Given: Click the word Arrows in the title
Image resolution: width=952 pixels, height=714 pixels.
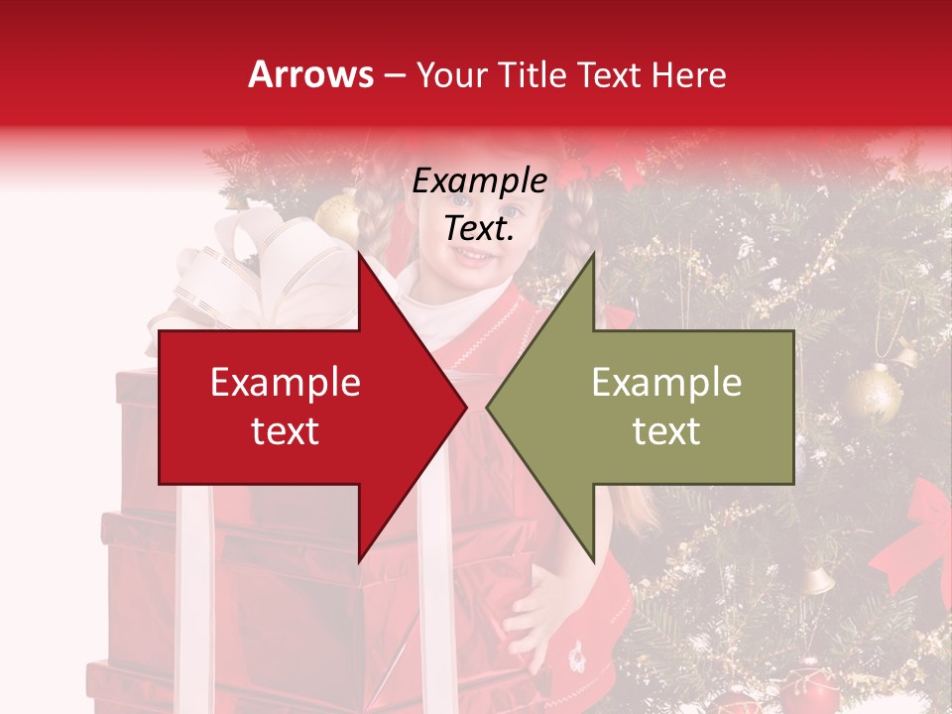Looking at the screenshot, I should click(x=310, y=74).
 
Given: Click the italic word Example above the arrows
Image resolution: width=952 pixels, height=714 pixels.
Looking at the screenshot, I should click(x=480, y=182).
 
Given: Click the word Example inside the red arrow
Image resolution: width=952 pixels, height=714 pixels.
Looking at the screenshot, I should click(x=286, y=383).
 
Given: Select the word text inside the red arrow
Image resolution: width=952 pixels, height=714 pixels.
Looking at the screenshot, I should click(x=286, y=431).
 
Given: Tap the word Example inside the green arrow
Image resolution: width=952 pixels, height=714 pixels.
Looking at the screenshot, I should click(x=666, y=383).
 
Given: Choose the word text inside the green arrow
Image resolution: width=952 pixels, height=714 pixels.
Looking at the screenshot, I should click(x=666, y=431).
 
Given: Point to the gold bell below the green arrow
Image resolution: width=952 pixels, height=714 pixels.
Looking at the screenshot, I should click(x=816, y=579).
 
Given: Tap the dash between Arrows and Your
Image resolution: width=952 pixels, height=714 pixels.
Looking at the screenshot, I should click(x=395, y=75).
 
